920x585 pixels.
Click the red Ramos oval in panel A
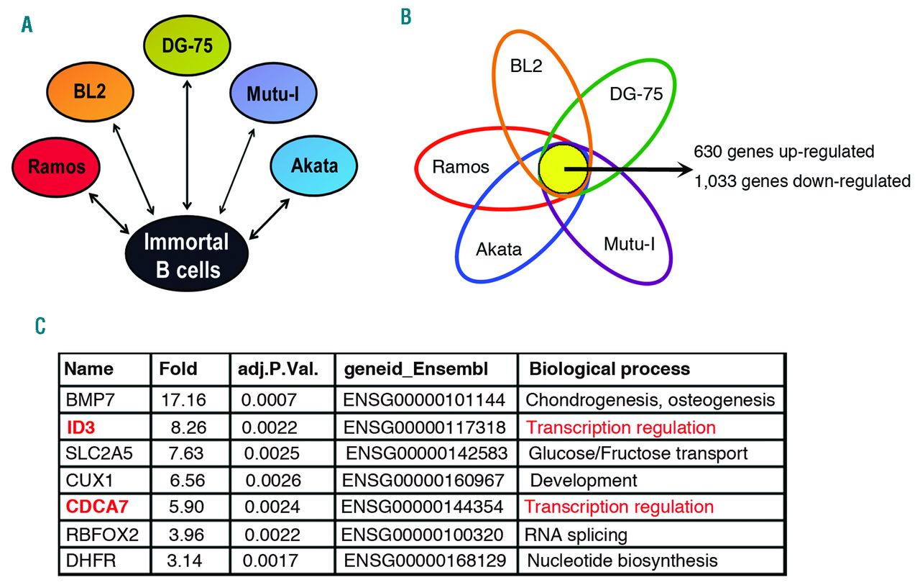click(x=56, y=167)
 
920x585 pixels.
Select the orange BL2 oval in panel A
click(x=90, y=91)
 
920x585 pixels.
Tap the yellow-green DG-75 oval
click(x=187, y=45)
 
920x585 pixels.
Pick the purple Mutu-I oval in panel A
click(x=273, y=93)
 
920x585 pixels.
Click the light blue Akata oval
click(x=314, y=165)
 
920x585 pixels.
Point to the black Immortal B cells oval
click(x=187, y=254)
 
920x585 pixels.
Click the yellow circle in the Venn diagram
click(x=563, y=169)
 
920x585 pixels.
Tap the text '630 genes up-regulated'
click(x=783, y=152)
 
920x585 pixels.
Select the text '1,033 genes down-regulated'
click(x=802, y=181)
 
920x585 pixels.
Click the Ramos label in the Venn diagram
click(x=461, y=167)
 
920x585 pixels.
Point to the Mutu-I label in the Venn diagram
click(x=629, y=244)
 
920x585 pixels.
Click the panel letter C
click(x=40, y=326)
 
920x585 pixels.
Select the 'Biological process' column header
click(x=609, y=368)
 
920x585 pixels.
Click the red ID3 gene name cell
click(x=81, y=427)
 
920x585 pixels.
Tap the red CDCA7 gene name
click(x=97, y=507)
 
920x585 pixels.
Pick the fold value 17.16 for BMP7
click(x=183, y=399)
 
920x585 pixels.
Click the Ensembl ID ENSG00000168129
click(x=425, y=561)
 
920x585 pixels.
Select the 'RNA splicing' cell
click(x=576, y=535)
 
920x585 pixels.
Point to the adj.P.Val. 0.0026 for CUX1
click(x=273, y=480)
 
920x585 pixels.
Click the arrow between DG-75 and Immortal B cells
click(x=188, y=145)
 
